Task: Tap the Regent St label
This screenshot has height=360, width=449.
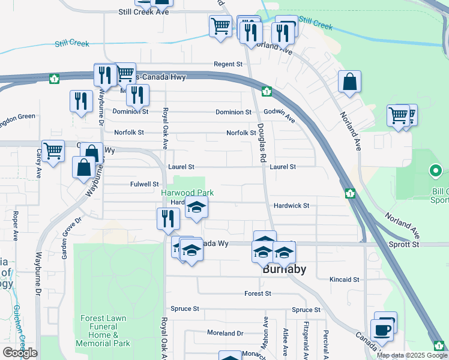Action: pos(228,64)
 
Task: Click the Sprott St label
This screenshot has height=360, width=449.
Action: pos(408,244)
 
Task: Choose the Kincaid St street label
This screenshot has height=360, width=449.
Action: pos(344,280)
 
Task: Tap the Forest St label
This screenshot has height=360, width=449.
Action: pos(258,293)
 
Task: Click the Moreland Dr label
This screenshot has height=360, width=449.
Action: pos(225,333)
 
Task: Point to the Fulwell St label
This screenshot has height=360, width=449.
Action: pos(144,184)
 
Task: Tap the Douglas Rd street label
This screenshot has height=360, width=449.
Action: pos(262,139)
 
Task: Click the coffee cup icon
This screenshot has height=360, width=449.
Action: pos(382,330)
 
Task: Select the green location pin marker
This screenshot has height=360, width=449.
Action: pos(436,172)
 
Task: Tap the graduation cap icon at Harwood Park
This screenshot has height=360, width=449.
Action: pos(196,208)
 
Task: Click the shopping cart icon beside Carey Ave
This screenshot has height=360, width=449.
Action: pos(53,151)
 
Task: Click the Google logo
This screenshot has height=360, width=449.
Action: pos(20,352)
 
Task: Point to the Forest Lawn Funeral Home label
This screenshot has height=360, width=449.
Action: pos(103,331)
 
